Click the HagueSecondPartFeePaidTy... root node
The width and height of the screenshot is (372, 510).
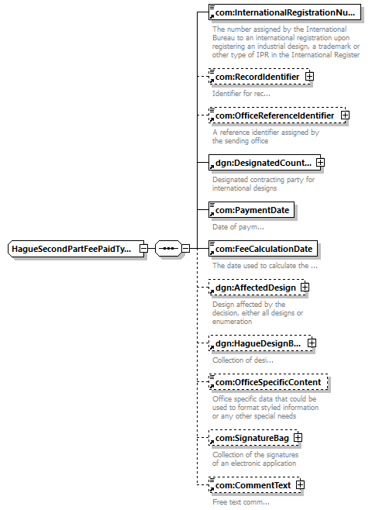pyautogui.click(x=76, y=249)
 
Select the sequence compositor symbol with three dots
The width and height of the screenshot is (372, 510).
pyautogui.click(x=168, y=249)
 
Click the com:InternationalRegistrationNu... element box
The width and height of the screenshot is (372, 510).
pyautogui.click(x=284, y=12)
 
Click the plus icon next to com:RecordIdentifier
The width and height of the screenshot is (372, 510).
pyautogui.click(x=309, y=77)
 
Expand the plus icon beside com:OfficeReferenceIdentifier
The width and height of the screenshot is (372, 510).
pyautogui.click(x=345, y=115)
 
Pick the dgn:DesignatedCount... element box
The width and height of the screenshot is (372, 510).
pyautogui.click(x=264, y=163)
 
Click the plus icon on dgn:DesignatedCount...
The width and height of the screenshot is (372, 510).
pyautogui.click(x=320, y=162)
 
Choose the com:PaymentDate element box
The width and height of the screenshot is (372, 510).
pyautogui.click(x=251, y=210)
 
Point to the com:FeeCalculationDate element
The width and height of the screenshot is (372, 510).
pyautogui.click(x=263, y=249)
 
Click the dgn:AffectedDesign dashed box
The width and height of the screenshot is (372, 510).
pyautogui.click(x=257, y=288)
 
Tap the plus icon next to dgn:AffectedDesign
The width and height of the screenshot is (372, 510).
pyautogui.click(x=305, y=288)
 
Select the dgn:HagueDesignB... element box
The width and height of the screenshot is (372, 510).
pyautogui.click(x=260, y=343)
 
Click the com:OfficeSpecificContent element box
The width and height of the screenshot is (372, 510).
pyautogui.click(x=268, y=382)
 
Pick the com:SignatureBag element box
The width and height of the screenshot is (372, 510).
pyautogui.click(x=253, y=438)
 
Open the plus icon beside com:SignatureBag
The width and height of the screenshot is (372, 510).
pyautogui.click(x=298, y=437)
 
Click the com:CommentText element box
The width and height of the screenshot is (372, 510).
pyautogui.click(x=254, y=485)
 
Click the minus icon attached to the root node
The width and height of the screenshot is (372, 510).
pyautogui.click(x=143, y=249)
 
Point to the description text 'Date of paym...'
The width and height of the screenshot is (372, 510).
pyautogui.click(x=238, y=227)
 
